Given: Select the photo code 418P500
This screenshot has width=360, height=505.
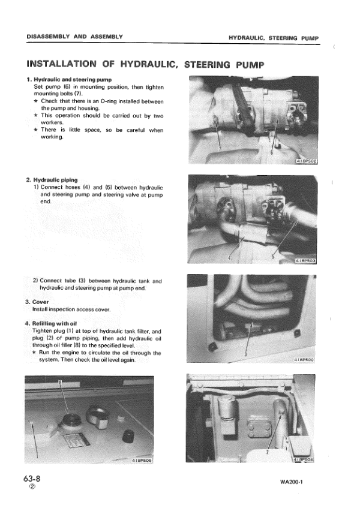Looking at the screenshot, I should coord(306,359).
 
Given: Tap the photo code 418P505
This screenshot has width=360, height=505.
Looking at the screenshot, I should coord(141,461).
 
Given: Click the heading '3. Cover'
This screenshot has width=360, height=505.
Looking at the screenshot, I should coord(37,301).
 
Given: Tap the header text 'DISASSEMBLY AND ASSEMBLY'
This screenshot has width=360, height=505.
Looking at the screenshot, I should coord(75,37).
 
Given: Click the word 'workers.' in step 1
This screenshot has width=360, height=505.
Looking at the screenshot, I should coord(47,123).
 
